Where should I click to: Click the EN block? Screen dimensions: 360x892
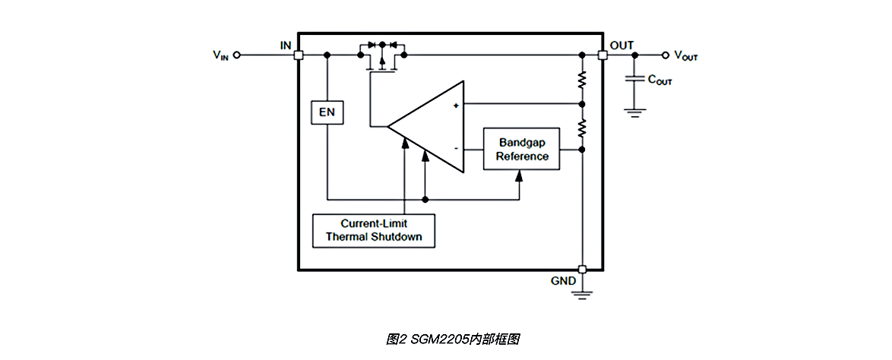click(x=327, y=112)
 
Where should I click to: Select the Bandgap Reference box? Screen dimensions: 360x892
click(x=522, y=149)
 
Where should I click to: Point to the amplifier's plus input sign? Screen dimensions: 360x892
click(x=456, y=106)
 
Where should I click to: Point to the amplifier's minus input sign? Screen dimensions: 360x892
click(x=456, y=149)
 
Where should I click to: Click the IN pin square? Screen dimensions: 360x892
click(x=299, y=55)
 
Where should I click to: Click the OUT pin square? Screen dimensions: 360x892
click(x=603, y=55)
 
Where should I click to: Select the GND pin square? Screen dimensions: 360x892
click(x=582, y=270)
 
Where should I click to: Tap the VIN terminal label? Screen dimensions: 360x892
click(x=220, y=55)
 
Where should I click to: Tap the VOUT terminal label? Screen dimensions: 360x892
click(x=685, y=55)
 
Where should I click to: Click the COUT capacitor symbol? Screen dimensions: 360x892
click(x=634, y=79)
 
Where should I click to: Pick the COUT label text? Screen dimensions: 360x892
click(x=660, y=79)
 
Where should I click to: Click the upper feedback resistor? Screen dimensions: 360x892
click(x=582, y=80)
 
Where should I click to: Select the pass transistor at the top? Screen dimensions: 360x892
click(x=382, y=59)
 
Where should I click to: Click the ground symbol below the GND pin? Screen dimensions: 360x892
click(x=582, y=292)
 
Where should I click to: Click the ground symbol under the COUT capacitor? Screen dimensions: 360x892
click(x=634, y=111)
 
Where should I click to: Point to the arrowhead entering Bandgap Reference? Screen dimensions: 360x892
click(x=520, y=175)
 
